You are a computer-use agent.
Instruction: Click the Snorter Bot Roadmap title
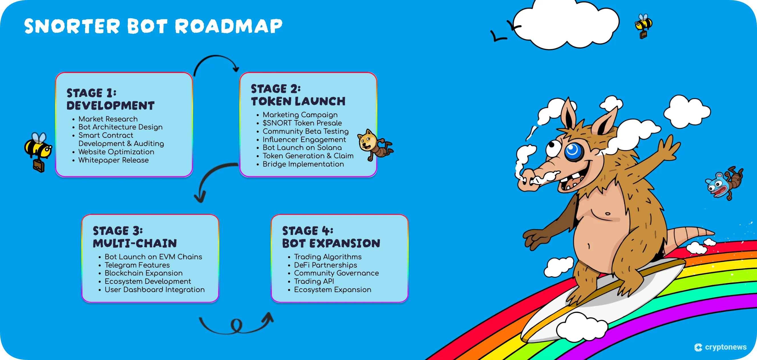[153, 26]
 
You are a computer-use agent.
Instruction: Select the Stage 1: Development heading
[110, 99]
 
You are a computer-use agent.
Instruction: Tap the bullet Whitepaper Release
[113, 160]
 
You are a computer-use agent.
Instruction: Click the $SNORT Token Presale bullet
[302, 123]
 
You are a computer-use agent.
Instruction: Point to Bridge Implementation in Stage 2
[303, 164]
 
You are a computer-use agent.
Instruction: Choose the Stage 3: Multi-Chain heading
[135, 237]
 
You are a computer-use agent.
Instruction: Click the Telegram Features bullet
[137, 265]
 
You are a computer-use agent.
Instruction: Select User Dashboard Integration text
[154, 290]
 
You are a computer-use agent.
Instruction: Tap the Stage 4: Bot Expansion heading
[331, 237]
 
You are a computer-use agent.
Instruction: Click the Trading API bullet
[313, 281]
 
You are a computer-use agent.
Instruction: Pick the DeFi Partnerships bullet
[325, 265]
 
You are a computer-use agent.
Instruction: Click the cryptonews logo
[720, 347]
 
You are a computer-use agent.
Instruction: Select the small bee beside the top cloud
[643, 25]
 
